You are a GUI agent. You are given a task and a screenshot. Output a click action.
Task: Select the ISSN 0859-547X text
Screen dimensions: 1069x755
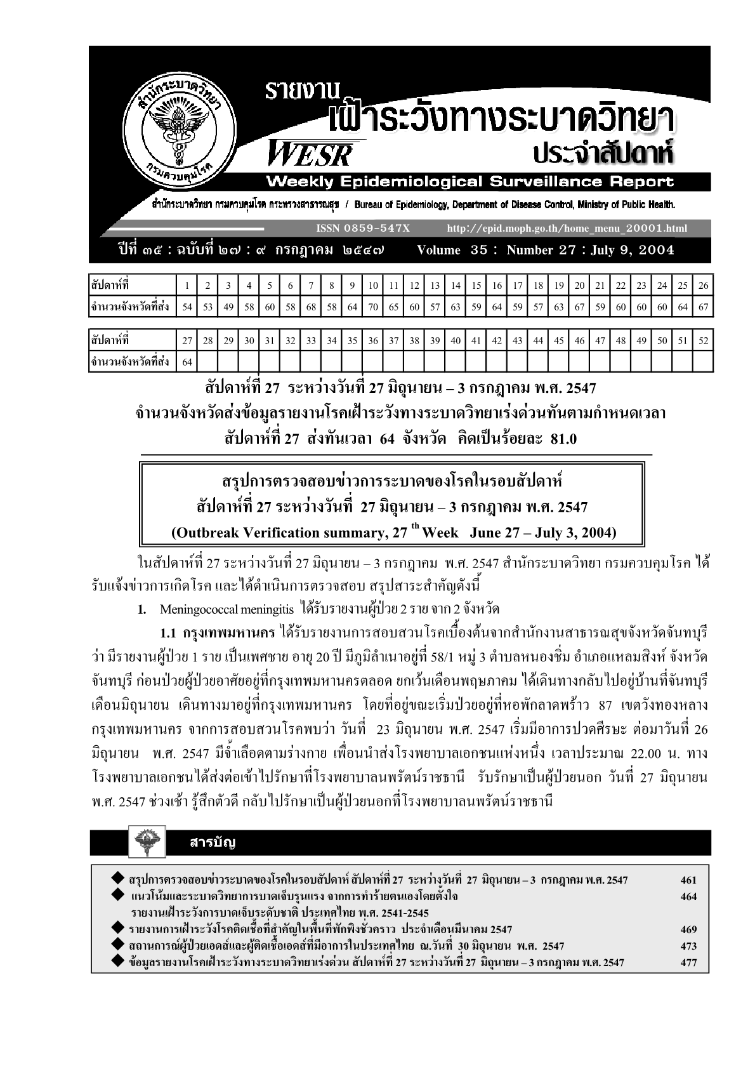click(362, 228)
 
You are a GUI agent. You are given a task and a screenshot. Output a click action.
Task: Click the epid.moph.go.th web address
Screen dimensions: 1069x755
click(567, 228)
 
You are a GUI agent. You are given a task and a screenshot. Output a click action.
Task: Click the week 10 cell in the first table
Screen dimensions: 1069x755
click(373, 286)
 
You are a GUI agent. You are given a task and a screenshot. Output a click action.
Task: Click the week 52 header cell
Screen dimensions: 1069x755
click(702, 340)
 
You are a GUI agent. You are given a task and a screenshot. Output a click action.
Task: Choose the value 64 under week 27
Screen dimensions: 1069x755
click(187, 362)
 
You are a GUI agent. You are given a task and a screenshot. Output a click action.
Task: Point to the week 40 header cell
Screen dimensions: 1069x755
click(456, 340)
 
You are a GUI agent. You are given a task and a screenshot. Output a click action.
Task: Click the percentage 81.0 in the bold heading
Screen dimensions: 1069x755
click(561, 439)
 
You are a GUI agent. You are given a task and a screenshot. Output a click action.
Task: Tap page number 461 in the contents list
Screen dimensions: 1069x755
click(688, 880)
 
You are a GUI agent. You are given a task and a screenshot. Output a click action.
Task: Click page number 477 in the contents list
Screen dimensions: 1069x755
click(688, 962)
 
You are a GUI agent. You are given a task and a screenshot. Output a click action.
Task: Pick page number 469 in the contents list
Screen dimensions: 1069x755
click(688, 929)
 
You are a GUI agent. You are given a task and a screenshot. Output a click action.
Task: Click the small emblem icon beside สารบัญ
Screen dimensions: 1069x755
click(147, 842)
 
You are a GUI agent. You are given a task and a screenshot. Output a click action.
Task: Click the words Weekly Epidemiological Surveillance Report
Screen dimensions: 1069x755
click(469, 182)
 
